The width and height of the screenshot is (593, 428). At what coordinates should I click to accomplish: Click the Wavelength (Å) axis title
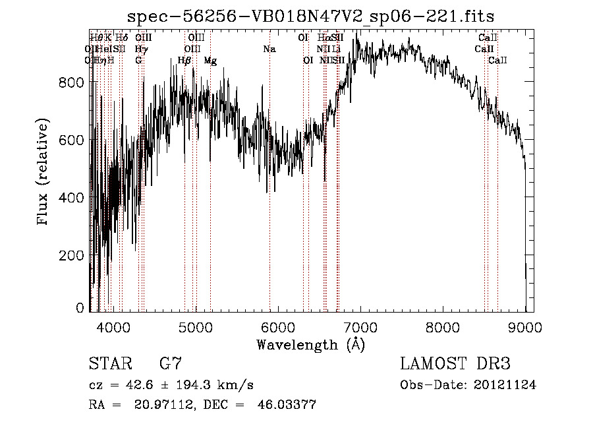coord(310,344)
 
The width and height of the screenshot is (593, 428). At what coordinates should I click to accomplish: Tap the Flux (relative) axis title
coord(43,173)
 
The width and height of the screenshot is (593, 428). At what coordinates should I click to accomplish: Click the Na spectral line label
coord(269,49)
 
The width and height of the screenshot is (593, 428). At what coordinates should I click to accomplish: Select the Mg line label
coord(210,61)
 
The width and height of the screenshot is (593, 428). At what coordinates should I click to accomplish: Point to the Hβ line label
coord(184,61)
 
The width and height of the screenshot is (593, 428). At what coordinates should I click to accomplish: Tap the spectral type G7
coord(171,364)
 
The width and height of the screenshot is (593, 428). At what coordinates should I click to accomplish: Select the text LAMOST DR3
coord(455,364)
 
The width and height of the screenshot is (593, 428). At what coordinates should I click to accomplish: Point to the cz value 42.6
coord(157,385)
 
